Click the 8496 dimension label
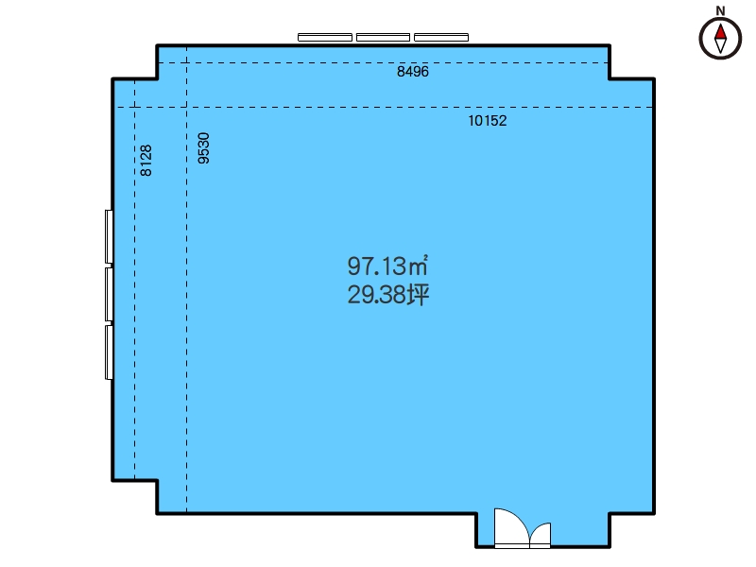[413, 72]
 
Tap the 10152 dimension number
[488, 121]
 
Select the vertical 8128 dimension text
[146, 160]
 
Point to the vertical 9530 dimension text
[204, 148]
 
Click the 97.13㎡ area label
[387, 266]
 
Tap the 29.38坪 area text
[388, 295]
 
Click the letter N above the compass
[720, 10]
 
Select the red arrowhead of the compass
[720, 32]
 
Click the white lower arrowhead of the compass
[720, 45]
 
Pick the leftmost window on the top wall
[325, 38]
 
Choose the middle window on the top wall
[384, 38]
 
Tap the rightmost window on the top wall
[441, 38]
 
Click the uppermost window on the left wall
[110, 237]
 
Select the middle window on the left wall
[110, 295]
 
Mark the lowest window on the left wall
[110, 352]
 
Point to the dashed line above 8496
[383, 62]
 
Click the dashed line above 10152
[385, 107]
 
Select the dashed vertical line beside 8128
[134, 280]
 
